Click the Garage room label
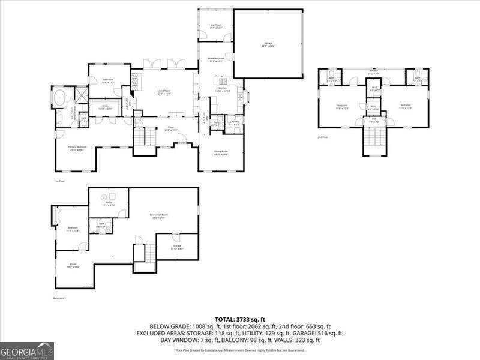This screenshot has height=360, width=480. click(268, 44)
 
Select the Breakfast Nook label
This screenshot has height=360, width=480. click(216, 59)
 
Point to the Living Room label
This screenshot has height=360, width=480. click(164, 92)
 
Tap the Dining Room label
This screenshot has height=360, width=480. click(221, 152)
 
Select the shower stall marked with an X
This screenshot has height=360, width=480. click(81, 95)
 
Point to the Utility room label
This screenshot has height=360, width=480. click(109, 204)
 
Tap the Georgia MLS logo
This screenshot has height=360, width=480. click(27, 350)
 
